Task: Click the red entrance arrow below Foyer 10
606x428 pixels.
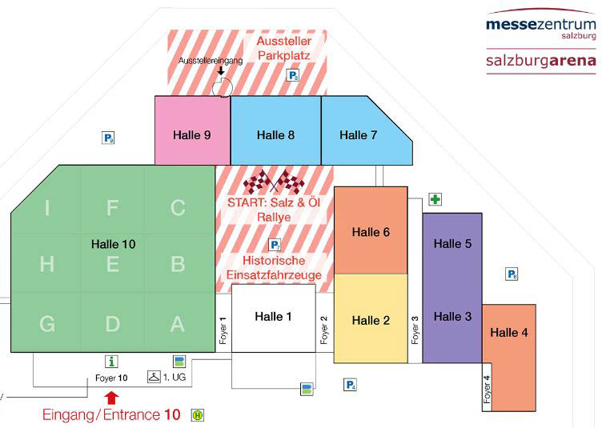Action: [x=111, y=396]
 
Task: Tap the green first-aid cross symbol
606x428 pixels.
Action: [x=435, y=199]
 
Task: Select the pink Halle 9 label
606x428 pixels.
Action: [x=191, y=134]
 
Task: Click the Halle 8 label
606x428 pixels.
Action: [x=275, y=134]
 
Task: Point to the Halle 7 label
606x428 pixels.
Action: [x=358, y=134]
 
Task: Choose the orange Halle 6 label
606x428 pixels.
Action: [x=371, y=232]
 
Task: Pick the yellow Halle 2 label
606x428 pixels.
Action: [x=371, y=320]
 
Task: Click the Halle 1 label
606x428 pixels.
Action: [x=273, y=316]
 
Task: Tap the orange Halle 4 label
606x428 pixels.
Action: [x=509, y=332]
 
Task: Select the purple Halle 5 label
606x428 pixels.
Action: [x=452, y=244]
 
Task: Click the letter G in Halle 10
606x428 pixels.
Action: [x=47, y=323]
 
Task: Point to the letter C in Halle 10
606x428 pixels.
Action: [x=178, y=208]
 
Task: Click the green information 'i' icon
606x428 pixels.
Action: [x=112, y=362]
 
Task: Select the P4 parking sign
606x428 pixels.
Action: [x=350, y=385]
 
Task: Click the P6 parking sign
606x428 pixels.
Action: [x=512, y=274]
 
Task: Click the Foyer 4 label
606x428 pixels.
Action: [x=487, y=389]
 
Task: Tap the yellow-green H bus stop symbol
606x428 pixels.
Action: [x=197, y=415]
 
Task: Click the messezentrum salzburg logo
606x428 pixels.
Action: [x=540, y=27]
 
